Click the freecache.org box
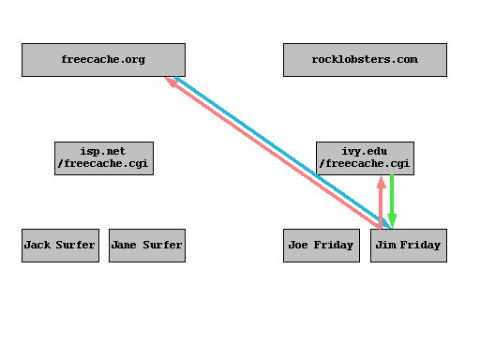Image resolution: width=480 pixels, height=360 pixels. click(103, 60)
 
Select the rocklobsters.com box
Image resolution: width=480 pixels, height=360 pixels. click(365, 60)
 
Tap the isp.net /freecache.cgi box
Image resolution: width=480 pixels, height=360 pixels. click(103, 157)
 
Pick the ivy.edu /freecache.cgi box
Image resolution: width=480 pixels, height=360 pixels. click(365, 157)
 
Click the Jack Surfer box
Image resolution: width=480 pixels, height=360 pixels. click(60, 245)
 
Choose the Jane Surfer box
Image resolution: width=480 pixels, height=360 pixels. click(146, 245)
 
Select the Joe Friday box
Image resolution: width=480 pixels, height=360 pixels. click(322, 245)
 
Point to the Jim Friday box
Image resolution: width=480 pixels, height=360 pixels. click(408, 245)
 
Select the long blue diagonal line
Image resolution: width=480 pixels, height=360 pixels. click(281, 151)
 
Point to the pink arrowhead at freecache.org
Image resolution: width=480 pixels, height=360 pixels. click(171, 82)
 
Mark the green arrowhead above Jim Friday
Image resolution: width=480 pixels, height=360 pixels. click(392, 221)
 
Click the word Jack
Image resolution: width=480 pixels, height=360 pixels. click(37, 245)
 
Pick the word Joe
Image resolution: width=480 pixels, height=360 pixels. click(299, 245)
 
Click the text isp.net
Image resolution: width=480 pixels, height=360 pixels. click(103, 151)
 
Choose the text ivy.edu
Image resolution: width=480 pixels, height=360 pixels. click(365, 151)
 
